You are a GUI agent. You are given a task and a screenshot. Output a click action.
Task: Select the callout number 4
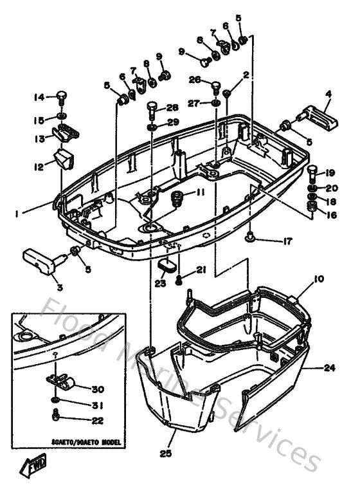click(328, 93)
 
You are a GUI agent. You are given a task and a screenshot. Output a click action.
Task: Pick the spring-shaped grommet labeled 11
click(177, 199)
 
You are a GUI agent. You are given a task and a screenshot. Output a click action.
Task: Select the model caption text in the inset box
click(76, 443)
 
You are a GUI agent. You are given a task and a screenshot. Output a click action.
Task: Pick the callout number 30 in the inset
click(97, 389)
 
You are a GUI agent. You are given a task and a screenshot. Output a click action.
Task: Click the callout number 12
click(39, 167)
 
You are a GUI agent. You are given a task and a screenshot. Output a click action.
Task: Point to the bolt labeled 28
click(152, 107)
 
